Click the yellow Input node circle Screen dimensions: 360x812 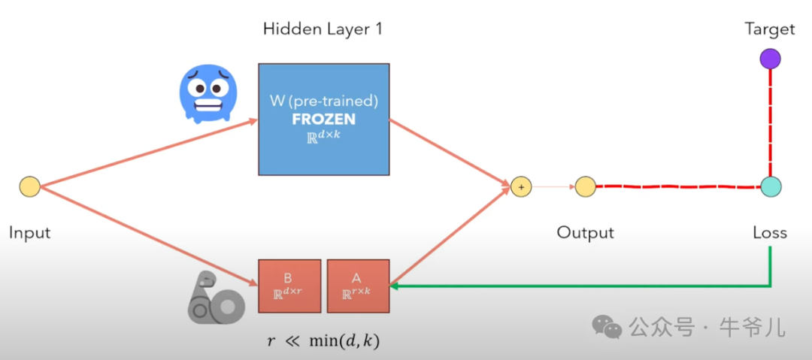point(29,186)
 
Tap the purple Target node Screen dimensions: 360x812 point(769,59)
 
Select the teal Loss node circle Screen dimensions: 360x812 point(769,186)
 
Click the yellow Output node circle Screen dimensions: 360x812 point(586,186)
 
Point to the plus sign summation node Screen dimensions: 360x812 point(520,186)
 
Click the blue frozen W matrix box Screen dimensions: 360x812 point(324,119)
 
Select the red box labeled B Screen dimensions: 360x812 point(289,286)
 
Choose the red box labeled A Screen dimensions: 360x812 point(357,286)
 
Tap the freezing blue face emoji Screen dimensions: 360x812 point(208,95)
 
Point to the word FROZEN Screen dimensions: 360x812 point(324,119)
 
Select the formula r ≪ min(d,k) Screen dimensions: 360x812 point(323,340)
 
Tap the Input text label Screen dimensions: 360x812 point(29,232)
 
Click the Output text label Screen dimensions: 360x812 point(585,232)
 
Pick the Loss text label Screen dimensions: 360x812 point(769,232)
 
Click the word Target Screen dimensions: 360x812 point(769,29)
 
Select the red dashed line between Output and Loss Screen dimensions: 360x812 point(677,186)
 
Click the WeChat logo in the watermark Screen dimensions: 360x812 point(607,326)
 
